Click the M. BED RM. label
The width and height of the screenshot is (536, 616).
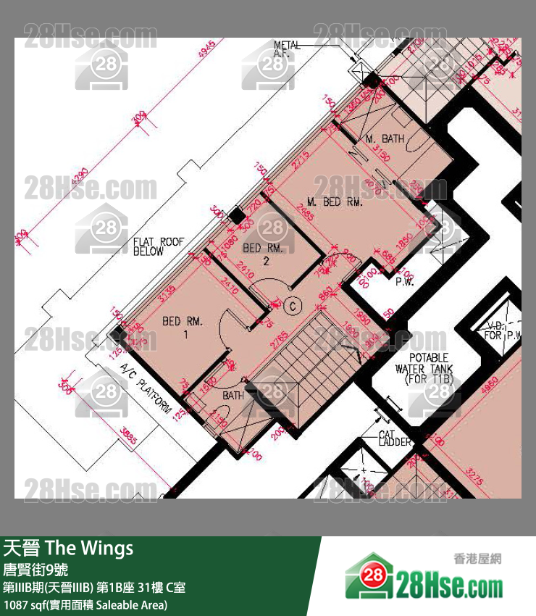click(334, 201)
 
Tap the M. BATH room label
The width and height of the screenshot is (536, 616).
click(384, 138)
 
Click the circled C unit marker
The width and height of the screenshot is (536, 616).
click(293, 306)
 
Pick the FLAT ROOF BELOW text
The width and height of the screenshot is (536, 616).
click(159, 247)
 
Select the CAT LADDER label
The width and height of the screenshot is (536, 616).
click(395, 438)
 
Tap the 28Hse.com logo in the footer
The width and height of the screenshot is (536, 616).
click(424, 580)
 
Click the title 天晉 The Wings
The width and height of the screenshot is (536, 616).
click(69, 548)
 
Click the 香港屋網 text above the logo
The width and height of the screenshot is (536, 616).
click(477, 559)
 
